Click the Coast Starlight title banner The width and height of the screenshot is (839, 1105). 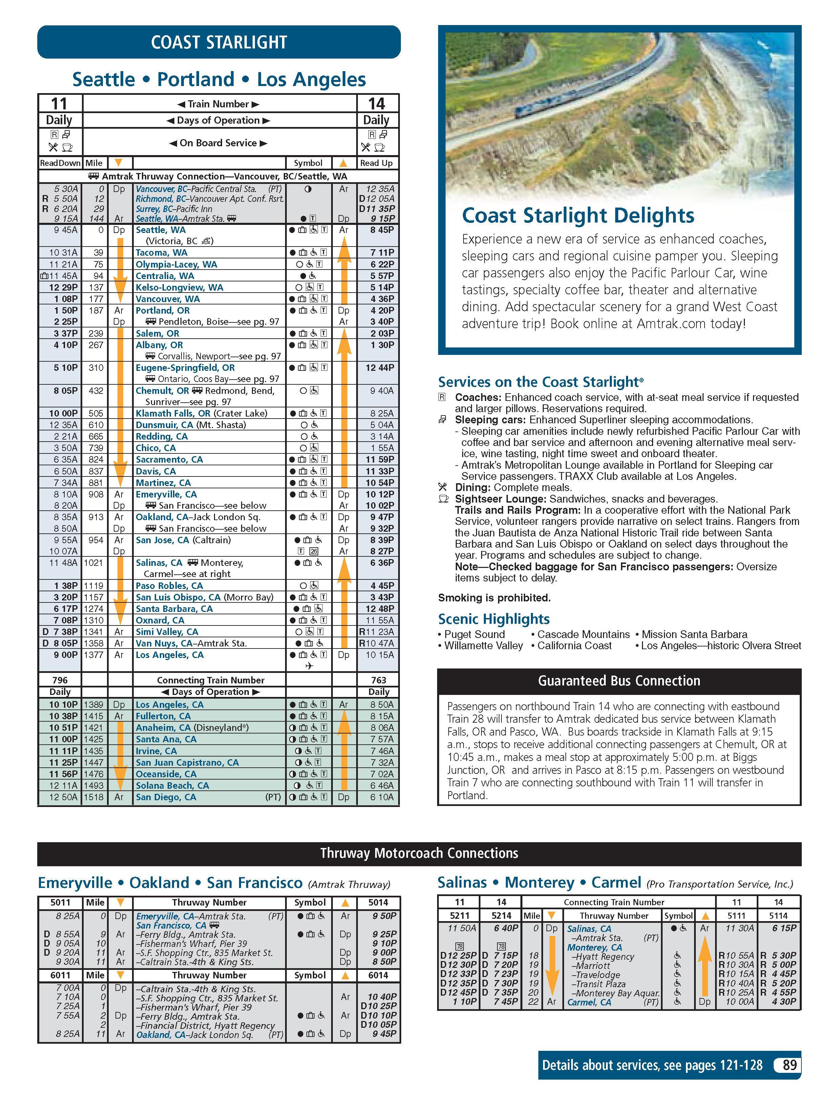coord(219,42)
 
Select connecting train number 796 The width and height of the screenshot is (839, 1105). coord(60,680)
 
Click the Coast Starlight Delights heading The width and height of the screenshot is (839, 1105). coord(578,215)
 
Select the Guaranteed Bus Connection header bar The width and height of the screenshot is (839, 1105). coord(619,681)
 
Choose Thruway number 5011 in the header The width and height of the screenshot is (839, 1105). coord(60,902)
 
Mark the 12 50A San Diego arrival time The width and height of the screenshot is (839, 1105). coord(63,797)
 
